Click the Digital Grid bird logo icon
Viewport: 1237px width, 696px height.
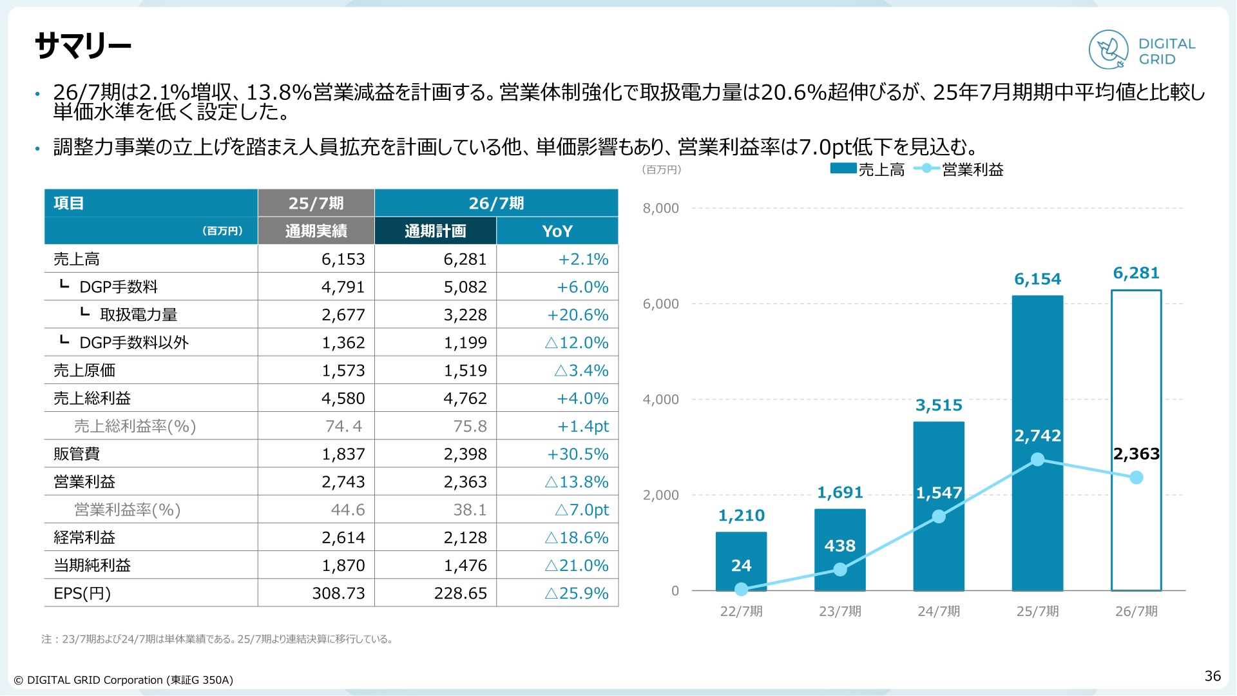pyautogui.click(x=1108, y=50)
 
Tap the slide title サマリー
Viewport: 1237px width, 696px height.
pyautogui.click(x=83, y=46)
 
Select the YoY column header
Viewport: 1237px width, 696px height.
pyautogui.click(x=557, y=231)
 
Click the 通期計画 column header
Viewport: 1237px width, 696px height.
pyautogui.click(x=435, y=231)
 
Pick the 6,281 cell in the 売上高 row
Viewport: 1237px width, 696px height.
pyautogui.click(x=465, y=259)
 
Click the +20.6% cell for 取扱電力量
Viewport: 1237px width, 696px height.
pyautogui.click(x=578, y=314)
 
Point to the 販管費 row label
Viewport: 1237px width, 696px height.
pyautogui.click(x=77, y=454)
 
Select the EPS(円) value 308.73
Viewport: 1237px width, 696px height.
pyautogui.click(x=338, y=593)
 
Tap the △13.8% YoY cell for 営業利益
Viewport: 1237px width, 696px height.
pyautogui.click(x=577, y=481)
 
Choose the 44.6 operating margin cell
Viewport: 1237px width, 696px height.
pyautogui.click(x=348, y=510)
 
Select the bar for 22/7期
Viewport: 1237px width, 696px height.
pyautogui.click(x=741, y=561)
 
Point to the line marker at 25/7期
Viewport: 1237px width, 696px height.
pyautogui.click(x=1037, y=459)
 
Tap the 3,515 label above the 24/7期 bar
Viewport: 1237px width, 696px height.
pyautogui.click(x=939, y=405)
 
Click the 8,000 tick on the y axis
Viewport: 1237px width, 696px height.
pyautogui.click(x=660, y=208)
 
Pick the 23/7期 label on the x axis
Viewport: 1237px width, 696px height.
pyautogui.click(x=840, y=611)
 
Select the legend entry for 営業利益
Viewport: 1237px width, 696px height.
pyautogui.click(x=959, y=169)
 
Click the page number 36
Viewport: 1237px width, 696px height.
pyautogui.click(x=1213, y=675)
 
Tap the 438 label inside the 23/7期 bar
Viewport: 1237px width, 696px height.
pyautogui.click(x=840, y=546)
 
